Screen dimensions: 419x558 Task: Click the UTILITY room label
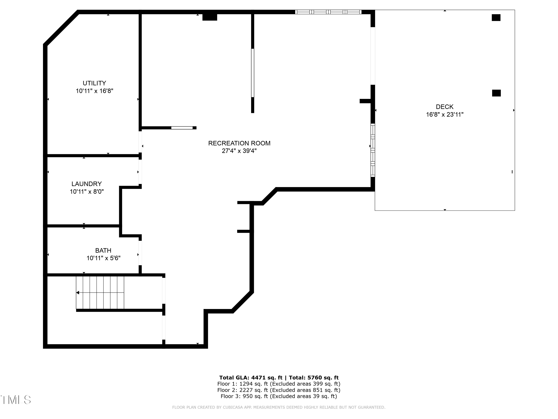94,83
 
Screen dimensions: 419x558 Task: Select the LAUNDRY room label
86,184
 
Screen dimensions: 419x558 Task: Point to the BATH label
103,250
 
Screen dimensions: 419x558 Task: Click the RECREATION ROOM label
239,143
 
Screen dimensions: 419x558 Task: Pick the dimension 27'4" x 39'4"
239,151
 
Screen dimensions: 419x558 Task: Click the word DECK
445,107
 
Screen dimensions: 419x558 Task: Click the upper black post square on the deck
496,18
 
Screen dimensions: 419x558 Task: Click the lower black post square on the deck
496,93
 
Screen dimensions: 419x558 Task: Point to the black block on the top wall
210,17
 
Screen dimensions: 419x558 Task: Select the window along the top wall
328,12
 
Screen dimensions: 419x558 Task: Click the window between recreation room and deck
373,150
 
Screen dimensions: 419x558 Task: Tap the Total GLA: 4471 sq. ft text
251,378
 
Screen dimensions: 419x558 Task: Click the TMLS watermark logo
16,400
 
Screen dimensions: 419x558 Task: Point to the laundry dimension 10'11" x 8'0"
86,192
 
